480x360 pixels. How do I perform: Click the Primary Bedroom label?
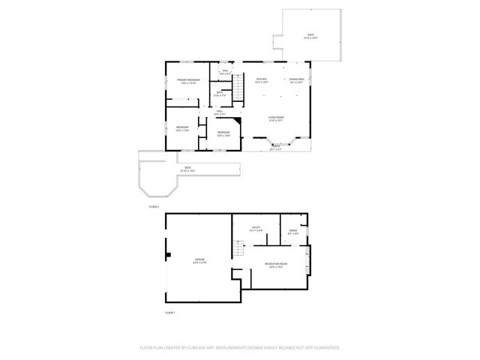[187, 81]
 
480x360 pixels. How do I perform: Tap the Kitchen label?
[261, 80]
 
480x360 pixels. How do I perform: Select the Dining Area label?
[296, 80]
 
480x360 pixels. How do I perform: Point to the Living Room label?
[276, 118]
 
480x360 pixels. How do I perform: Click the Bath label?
[220, 94]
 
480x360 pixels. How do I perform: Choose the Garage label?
[199, 261]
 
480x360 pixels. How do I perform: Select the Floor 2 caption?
[154, 205]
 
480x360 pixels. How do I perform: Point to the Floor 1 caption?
[169, 313]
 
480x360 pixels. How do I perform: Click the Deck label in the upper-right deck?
[310, 37]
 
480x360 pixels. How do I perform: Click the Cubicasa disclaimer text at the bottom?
[240, 347]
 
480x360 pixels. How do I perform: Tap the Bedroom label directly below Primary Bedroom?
[182, 128]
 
